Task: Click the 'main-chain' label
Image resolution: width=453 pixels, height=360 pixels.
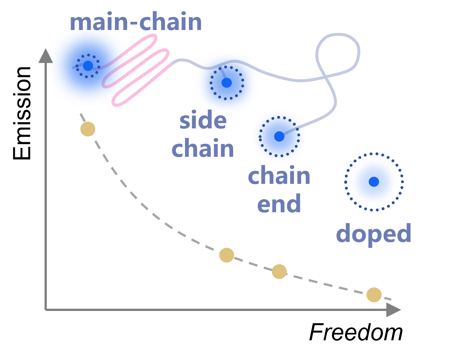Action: pyautogui.click(x=136, y=22)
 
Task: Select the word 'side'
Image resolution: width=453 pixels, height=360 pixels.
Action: pyautogui.click(x=203, y=120)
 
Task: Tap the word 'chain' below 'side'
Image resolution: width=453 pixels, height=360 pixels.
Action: pyautogui.click(x=203, y=148)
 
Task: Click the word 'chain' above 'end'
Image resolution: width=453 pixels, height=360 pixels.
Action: pyautogui.click(x=279, y=176)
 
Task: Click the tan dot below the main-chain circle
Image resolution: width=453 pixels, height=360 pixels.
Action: pyautogui.click(x=88, y=129)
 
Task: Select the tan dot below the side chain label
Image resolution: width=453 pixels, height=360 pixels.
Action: pyautogui.click(x=227, y=255)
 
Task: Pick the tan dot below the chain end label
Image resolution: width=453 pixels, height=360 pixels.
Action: pyautogui.click(x=279, y=271)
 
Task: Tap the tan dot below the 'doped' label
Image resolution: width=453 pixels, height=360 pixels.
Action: pyautogui.click(x=374, y=295)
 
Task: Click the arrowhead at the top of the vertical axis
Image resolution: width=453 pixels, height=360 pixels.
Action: pyautogui.click(x=46, y=56)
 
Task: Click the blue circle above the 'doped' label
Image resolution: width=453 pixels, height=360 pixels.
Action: pyautogui.click(x=374, y=182)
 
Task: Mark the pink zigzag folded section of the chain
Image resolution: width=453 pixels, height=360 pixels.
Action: pyautogui.click(x=136, y=69)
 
